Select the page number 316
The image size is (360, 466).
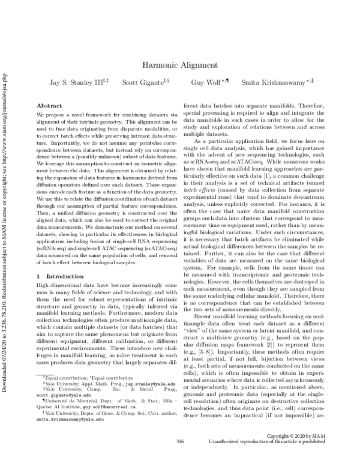pos(179,458)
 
